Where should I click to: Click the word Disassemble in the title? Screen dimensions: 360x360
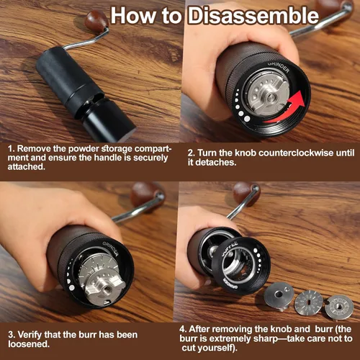(x=253, y=16)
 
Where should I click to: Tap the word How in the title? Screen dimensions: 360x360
(x=135, y=16)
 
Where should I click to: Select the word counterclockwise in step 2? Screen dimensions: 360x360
(x=296, y=153)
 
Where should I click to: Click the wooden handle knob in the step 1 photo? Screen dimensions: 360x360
(x=96, y=20)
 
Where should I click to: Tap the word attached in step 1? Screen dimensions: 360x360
(x=25, y=166)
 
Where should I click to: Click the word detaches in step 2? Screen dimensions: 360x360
(x=216, y=163)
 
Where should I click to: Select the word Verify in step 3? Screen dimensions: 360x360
(x=30, y=335)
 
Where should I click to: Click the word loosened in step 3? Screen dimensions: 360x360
(x=29, y=344)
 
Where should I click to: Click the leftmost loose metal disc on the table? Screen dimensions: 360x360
(x=279, y=296)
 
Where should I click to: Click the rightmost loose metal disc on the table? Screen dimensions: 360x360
(x=338, y=307)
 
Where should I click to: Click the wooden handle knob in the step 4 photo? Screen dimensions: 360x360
(x=245, y=193)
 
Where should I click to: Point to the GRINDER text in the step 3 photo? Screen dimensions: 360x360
(x=111, y=248)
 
